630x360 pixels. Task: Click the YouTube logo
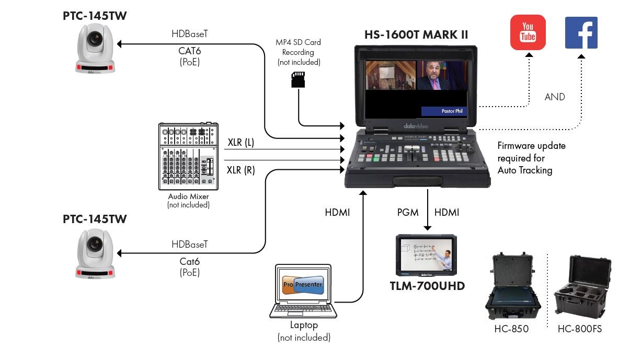pyautogui.click(x=528, y=32)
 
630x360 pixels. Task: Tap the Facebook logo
pyautogui.click(x=581, y=32)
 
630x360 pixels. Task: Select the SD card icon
pyautogui.click(x=298, y=79)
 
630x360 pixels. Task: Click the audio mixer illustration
pyautogui.click(x=188, y=156)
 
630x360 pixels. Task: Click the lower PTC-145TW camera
pyautogui.click(x=95, y=254)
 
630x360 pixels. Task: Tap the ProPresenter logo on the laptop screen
pyautogui.click(x=303, y=285)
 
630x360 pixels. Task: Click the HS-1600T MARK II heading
pyautogui.click(x=416, y=35)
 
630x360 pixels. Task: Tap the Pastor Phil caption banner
pyautogui.click(x=444, y=111)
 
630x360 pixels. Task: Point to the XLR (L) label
pyautogui.click(x=241, y=142)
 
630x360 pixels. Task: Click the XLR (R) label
pyautogui.click(x=241, y=170)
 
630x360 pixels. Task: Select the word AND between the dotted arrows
pyautogui.click(x=555, y=97)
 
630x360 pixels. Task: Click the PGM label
pyautogui.click(x=408, y=212)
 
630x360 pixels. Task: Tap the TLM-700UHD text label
pyautogui.click(x=427, y=286)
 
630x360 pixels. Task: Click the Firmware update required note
pyautogui.click(x=531, y=158)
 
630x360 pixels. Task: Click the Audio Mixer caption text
pyautogui.click(x=188, y=197)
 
